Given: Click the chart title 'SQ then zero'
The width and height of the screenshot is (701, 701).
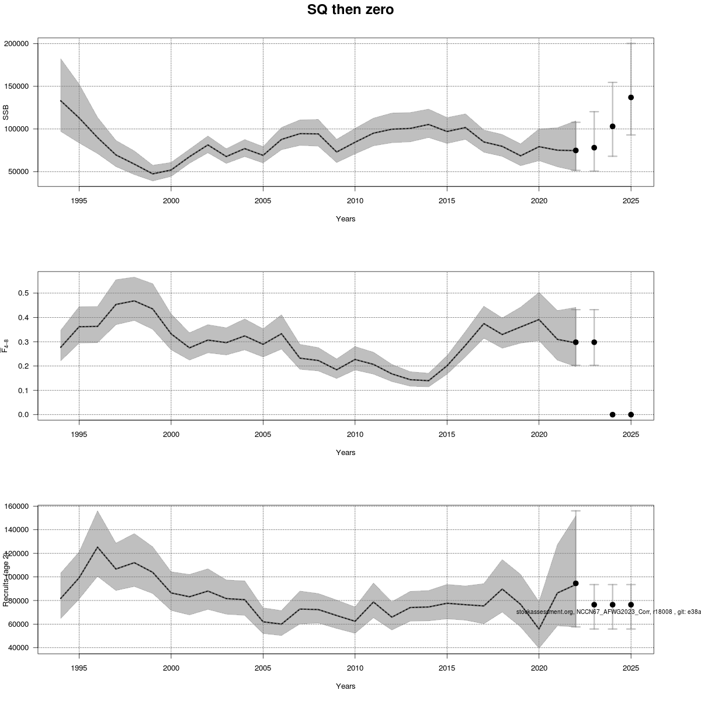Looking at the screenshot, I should point(350,10).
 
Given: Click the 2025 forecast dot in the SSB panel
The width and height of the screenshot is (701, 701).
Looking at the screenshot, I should point(631,98).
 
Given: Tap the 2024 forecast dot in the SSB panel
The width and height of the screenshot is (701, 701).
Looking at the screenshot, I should point(612,126).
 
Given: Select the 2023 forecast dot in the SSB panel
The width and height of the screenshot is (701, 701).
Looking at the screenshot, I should point(594,148).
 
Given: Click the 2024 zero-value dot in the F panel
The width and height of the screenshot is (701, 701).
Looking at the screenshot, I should point(612,415).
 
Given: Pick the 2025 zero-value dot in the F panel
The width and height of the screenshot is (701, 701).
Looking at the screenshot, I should point(631,415).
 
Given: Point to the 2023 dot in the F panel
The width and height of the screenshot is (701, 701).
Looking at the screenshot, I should point(594,342).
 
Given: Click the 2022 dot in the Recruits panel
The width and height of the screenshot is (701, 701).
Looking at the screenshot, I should point(576,583).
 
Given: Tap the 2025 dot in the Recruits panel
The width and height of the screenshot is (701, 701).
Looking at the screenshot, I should point(631,605).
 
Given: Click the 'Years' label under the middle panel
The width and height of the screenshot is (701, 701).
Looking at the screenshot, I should point(346,453).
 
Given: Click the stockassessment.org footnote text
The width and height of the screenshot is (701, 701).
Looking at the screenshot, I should point(608,612).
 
